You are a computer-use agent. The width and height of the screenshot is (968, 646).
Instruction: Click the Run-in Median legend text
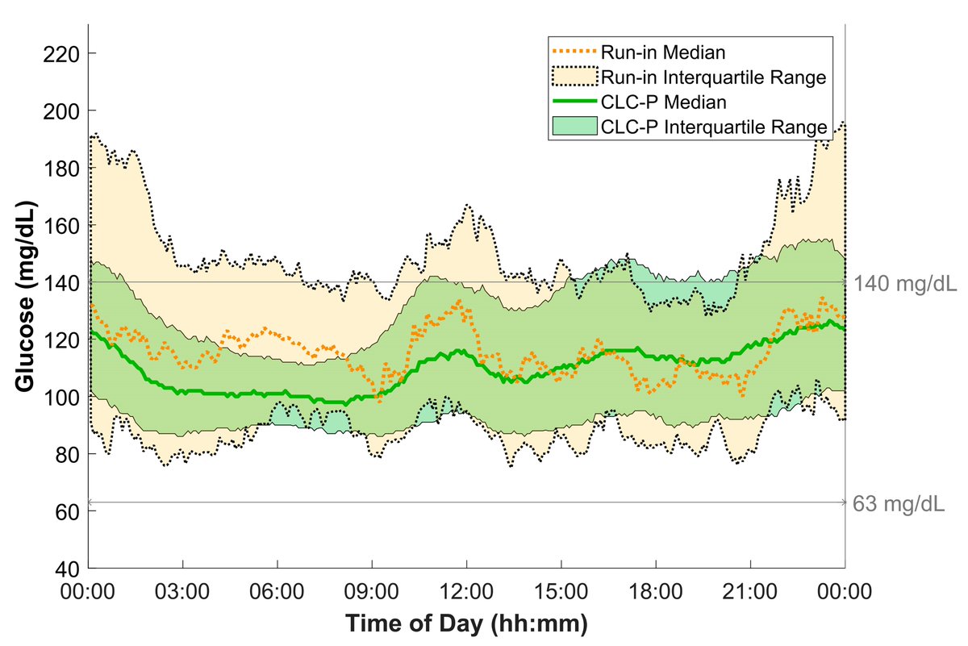pyautogui.click(x=664, y=53)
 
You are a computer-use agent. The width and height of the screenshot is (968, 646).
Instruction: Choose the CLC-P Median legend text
pyautogui.click(x=664, y=102)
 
